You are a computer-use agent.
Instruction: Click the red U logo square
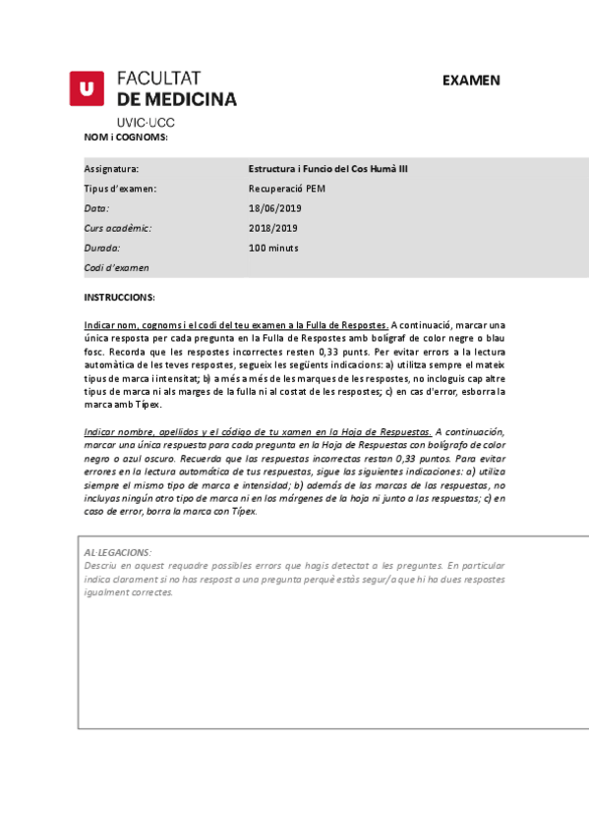point(87,88)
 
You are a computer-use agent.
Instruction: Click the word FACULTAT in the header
point(158,79)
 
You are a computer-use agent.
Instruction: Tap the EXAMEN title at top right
point(471,81)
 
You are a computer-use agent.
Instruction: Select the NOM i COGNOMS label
point(126,138)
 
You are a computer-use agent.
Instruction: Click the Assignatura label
point(111,169)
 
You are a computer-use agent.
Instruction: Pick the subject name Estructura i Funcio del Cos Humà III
point(328,169)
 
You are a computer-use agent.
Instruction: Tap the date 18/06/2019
point(274,208)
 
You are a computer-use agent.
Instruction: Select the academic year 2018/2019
point(274,228)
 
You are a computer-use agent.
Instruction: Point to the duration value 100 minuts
point(273,248)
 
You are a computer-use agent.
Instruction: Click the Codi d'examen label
point(117,267)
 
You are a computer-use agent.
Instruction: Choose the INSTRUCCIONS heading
point(119,297)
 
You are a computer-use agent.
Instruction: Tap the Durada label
point(101,248)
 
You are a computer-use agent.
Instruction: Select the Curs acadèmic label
point(117,228)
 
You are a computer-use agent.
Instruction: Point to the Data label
point(96,208)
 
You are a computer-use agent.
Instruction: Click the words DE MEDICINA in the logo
point(177,99)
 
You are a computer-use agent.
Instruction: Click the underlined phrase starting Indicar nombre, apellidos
point(258,431)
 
